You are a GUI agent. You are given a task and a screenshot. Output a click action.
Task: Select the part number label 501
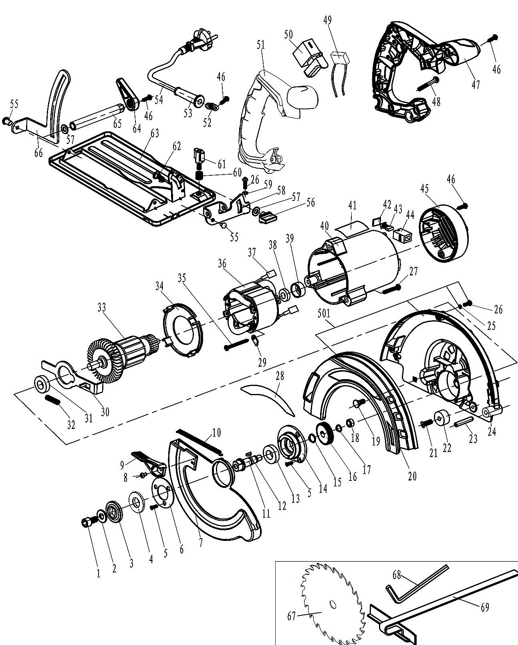pyautogui.click(x=324, y=313)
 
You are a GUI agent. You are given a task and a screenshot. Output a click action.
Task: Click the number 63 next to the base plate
pyautogui.click(x=155, y=134)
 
